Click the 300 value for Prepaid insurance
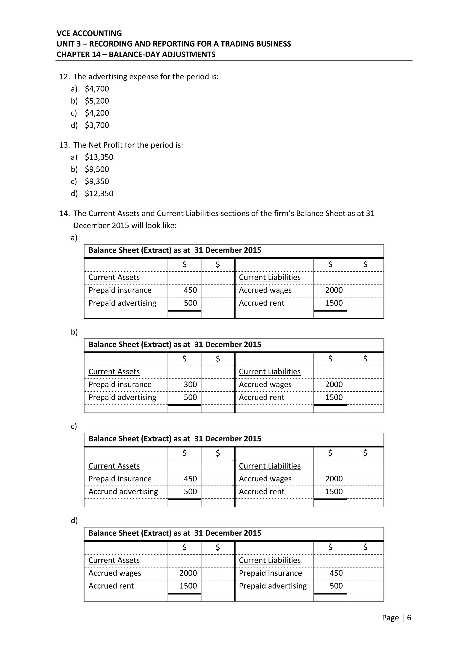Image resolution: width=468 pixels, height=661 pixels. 190,384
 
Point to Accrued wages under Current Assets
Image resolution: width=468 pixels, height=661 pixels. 115,573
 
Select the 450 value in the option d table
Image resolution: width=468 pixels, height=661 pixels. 336,573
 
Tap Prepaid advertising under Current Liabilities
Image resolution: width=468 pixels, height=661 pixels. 273,586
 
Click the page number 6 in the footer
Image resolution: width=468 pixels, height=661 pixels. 409,618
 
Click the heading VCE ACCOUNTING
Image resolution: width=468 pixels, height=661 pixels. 89,33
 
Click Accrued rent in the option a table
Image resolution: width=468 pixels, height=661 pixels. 261,303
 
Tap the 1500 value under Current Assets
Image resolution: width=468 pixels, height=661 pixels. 188,586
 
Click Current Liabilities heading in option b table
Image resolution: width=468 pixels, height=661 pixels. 269,371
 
